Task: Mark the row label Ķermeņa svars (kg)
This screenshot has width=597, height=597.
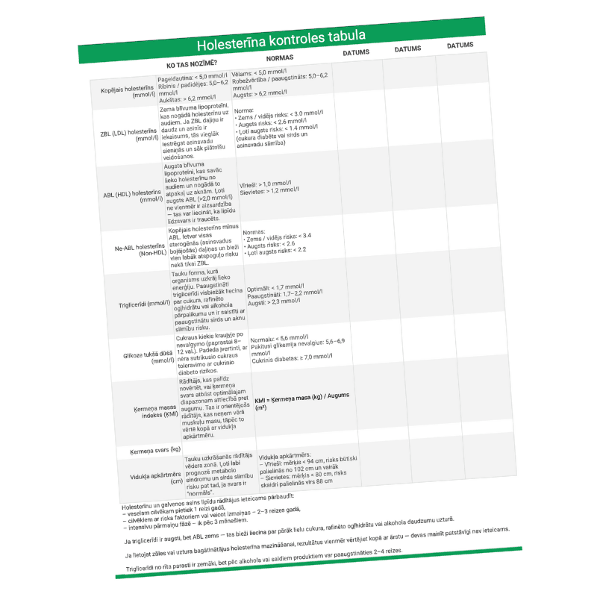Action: (x=155, y=450)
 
